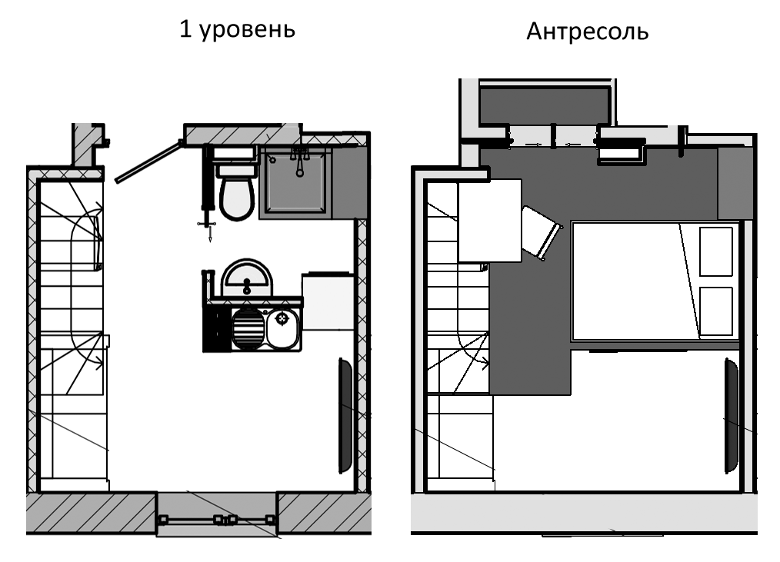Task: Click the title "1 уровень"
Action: tap(237, 30)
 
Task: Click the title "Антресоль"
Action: tap(588, 32)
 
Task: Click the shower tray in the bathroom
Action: tap(295, 181)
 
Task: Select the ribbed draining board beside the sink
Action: tap(248, 329)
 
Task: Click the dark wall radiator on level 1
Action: tap(345, 416)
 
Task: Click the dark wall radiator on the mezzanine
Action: tap(731, 416)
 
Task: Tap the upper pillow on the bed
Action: tap(716, 251)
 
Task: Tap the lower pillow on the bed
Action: tap(716, 311)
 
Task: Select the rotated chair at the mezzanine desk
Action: tap(541, 232)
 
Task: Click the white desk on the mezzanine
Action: tap(489, 221)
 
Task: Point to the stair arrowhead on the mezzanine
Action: tap(484, 363)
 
